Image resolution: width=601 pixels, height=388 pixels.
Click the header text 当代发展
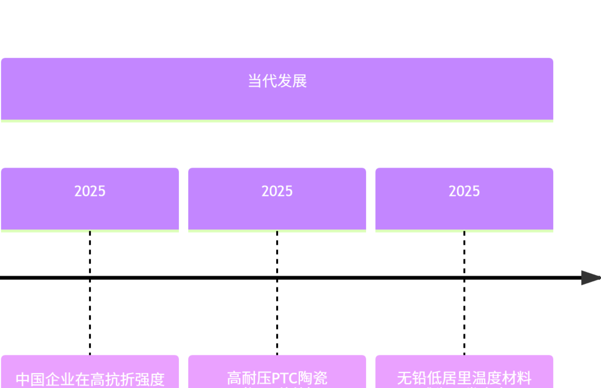click(x=277, y=81)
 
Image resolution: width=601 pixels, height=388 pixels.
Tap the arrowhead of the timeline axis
click(x=590, y=277)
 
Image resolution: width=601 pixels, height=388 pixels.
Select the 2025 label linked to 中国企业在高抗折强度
click(x=90, y=191)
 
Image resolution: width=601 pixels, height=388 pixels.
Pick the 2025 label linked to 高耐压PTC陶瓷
click(x=277, y=191)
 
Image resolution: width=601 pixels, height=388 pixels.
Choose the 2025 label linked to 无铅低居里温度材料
click(x=464, y=191)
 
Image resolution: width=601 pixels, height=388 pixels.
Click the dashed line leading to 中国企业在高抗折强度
click(x=90, y=316)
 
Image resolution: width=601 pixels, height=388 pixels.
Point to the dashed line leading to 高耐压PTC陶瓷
click(x=277, y=316)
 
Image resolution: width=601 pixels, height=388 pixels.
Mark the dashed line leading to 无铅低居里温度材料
click(x=464, y=316)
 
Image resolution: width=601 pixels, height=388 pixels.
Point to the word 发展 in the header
click(x=292, y=81)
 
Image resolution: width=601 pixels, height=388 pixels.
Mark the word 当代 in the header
click(x=262, y=81)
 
